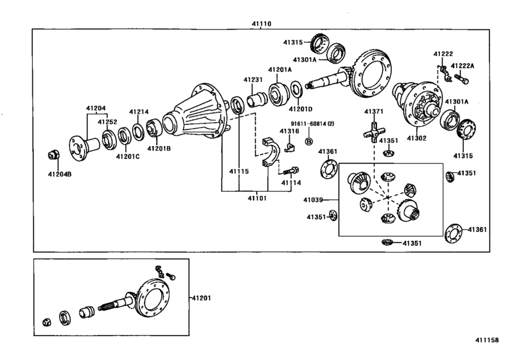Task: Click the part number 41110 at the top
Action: [261, 24]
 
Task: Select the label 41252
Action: [107, 121]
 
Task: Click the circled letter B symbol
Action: [308, 141]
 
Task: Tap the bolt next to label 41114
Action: [292, 170]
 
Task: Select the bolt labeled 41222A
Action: [463, 80]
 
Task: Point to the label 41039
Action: [314, 200]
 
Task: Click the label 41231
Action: [252, 80]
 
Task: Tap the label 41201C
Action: [127, 156]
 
